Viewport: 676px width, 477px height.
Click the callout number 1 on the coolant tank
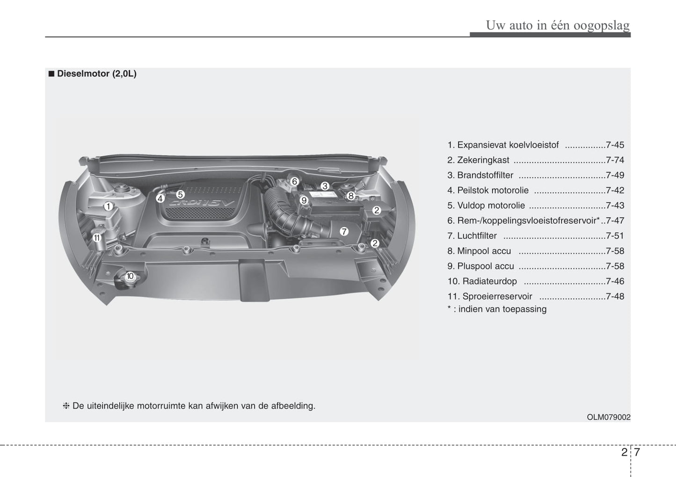[x=109, y=206]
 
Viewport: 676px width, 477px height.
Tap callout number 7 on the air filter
[x=344, y=232]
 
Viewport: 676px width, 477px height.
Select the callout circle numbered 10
[x=130, y=276]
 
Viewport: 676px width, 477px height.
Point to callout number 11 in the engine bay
[x=97, y=238]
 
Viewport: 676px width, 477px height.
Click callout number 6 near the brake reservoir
[x=295, y=182]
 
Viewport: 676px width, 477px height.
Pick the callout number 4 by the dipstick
[x=160, y=198]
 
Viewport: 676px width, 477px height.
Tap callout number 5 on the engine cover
[x=181, y=194]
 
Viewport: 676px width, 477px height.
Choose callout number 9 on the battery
[x=304, y=200]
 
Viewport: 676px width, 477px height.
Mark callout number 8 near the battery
[x=351, y=196]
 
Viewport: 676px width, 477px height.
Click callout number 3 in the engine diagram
[x=325, y=186]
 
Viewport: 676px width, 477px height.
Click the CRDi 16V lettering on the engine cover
[x=201, y=203]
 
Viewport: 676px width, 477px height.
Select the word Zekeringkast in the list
[x=483, y=160]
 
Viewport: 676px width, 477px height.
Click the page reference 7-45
[x=615, y=145]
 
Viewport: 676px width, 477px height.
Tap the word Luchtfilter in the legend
[x=477, y=236]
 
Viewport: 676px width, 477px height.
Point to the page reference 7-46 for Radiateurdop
[x=615, y=281]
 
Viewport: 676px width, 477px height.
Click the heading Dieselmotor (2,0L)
[x=96, y=74]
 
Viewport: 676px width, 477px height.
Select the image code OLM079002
[x=608, y=417]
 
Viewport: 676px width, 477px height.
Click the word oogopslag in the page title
[x=602, y=26]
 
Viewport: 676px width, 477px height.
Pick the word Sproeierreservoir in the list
[x=497, y=296]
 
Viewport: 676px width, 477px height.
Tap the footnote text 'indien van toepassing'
[x=502, y=309]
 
